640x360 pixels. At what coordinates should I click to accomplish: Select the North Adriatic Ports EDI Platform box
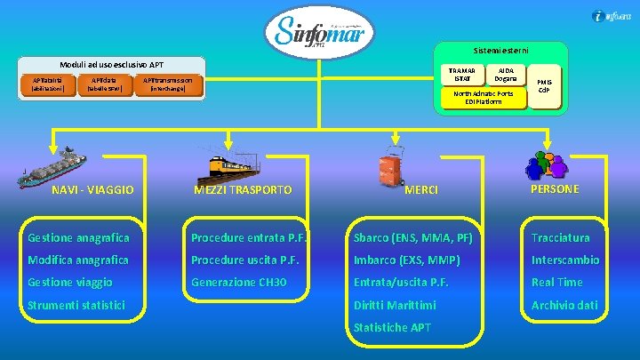pos(483,97)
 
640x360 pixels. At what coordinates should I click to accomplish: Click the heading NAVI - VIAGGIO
pos(92,189)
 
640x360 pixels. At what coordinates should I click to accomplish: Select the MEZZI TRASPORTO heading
pos(243,189)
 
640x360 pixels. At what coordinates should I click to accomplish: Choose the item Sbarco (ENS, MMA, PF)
pos(412,237)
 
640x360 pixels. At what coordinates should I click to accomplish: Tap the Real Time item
pos(556,282)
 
